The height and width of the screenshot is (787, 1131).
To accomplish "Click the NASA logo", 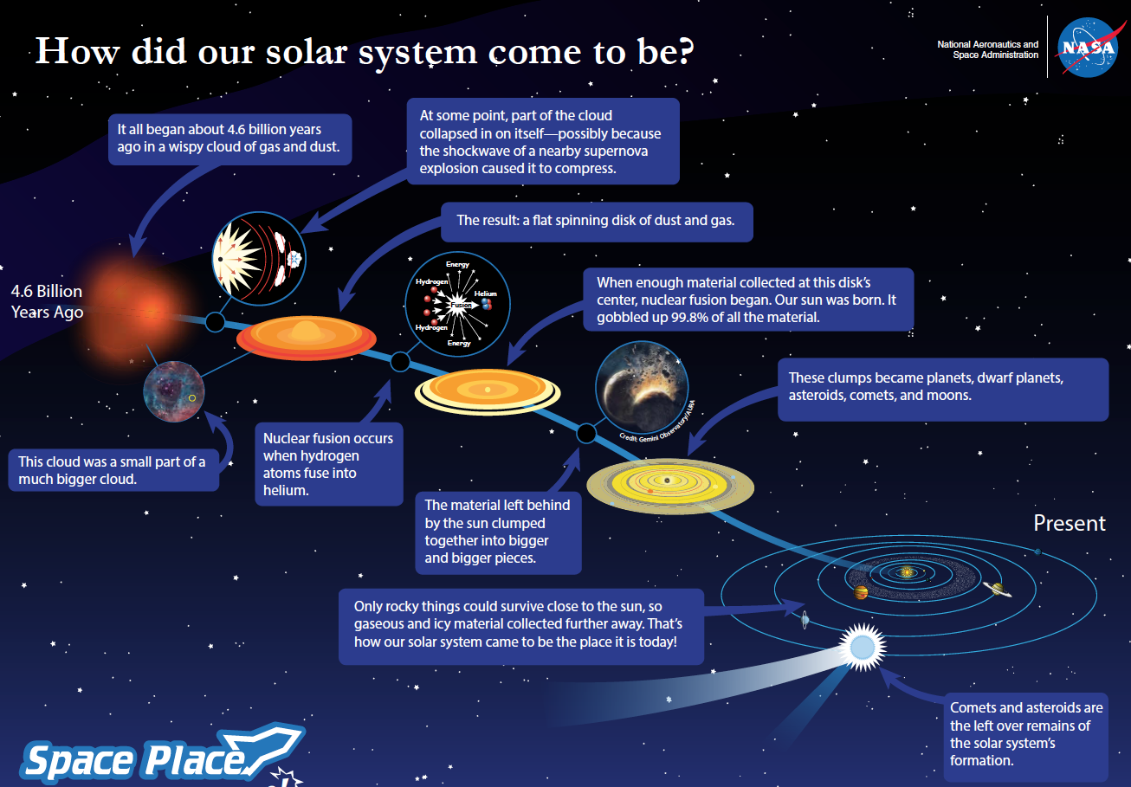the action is point(1088,47).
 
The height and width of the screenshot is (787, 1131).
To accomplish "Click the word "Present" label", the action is point(1070,523).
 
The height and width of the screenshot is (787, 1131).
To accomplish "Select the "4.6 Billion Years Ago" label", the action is point(47,301).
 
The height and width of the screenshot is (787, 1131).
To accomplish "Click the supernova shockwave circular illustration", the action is point(259,259).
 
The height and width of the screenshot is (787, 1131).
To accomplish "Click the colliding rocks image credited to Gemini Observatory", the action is point(642,387).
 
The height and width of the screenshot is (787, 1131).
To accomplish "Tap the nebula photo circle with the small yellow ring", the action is point(174,391).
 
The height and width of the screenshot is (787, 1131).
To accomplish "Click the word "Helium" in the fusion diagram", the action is point(485,294).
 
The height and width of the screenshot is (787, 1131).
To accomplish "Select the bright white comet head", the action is point(863,647).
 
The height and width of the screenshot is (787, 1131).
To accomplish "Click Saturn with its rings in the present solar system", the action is point(997,589).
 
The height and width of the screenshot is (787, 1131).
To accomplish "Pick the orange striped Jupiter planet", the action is point(861,592).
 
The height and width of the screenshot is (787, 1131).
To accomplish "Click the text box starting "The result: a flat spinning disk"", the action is point(597,223).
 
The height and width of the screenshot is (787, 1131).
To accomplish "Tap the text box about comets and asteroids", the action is point(1026,737).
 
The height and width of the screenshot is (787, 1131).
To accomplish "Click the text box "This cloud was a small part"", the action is point(113,470).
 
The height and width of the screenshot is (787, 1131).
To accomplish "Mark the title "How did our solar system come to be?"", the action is point(365,52).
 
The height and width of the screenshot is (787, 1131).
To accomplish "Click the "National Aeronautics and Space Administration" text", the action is point(987,49).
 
